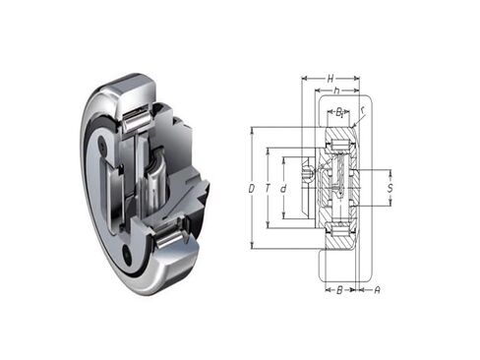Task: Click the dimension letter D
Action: [252, 187]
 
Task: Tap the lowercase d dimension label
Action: [282, 187]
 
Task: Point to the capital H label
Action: [330, 77]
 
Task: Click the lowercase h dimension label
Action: [336, 92]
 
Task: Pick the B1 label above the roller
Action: [340, 112]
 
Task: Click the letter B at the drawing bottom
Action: [338, 290]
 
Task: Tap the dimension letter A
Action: [377, 290]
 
